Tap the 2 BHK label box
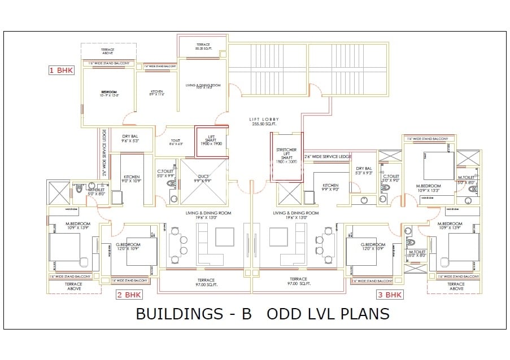pos(129,295)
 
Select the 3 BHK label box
pos(390,295)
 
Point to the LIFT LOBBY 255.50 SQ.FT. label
pos(265,122)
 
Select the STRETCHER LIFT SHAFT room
pos(286,156)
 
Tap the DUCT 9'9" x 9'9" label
pos(202,178)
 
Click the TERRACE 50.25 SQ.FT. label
pos(203,46)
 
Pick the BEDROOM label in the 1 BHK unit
pos(108,93)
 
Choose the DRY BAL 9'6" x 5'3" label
pos(130,139)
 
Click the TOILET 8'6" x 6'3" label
pos(175,142)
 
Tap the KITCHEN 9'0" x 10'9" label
pos(131,179)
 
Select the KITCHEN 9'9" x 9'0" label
pos(330,187)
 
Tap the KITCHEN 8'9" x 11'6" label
pos(156,93)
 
